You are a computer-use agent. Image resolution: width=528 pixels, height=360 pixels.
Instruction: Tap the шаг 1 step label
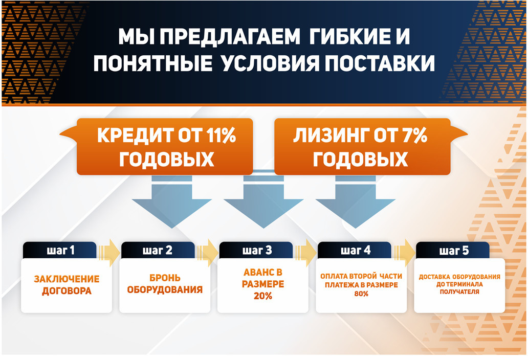coord(60,251)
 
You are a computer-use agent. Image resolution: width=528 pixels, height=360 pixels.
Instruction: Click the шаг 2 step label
coord(159,251)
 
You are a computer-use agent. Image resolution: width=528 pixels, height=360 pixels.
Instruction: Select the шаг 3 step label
coord(257,251)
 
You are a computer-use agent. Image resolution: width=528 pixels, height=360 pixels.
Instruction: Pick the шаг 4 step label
coord(355,251)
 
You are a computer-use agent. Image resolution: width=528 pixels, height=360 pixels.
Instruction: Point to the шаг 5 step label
coord(453,251)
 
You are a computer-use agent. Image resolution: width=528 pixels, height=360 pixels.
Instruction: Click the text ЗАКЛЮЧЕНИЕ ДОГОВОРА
coord(67,285)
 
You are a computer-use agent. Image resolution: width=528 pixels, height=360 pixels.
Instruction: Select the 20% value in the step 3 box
coord(262,296)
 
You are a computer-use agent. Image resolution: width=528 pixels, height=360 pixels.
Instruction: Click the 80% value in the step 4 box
coord(361,294)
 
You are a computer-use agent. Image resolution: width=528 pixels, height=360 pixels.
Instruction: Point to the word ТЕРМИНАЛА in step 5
coord(463,284)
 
